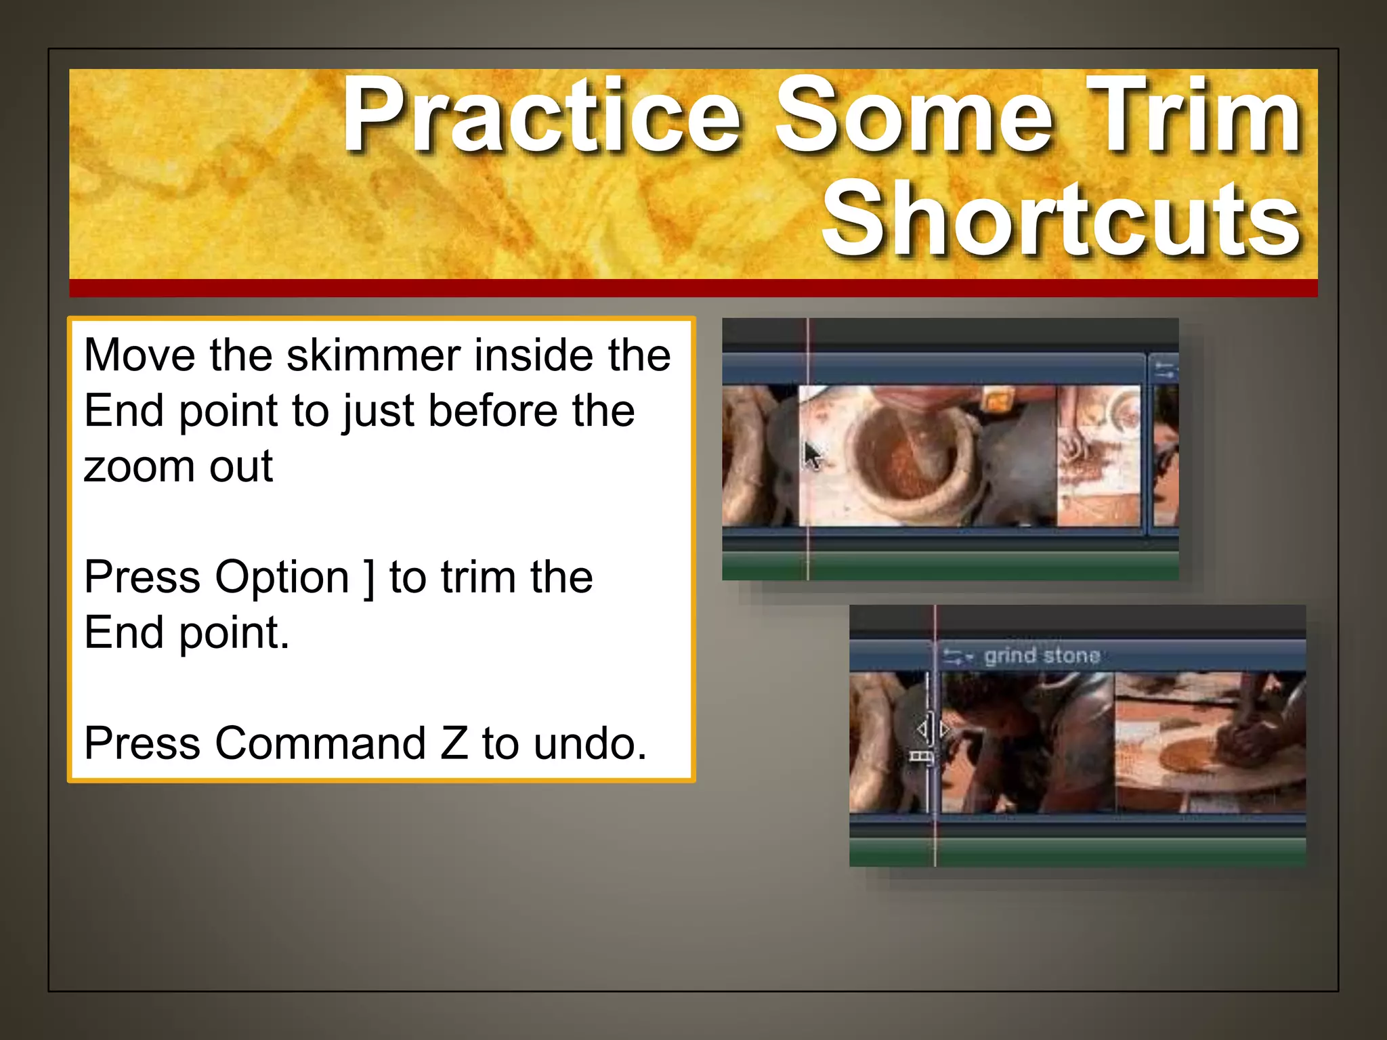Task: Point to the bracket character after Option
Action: (368, 578)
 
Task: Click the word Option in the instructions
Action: (282, 578)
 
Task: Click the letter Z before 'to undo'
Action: (454, 743)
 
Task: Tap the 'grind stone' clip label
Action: (1042, 655)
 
